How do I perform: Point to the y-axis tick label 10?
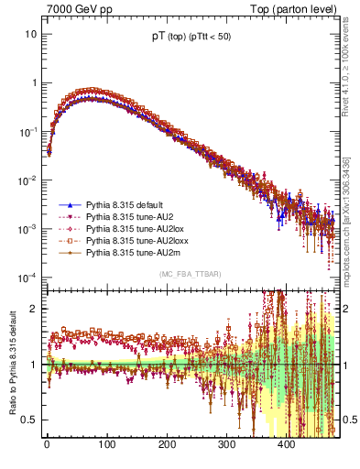pyautogui.click(x=30, y=34)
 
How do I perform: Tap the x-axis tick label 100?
pyautogui.click(x=106, y=443)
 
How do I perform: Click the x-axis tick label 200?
pyautogui.click(x=167, y=443)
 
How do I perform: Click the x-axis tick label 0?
pyautogui.click(x=47, y=443)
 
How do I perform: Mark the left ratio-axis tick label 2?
pyautogui.click(x=33, y=309)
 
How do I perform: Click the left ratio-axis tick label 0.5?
pyautogui.click(x=28, y=420)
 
